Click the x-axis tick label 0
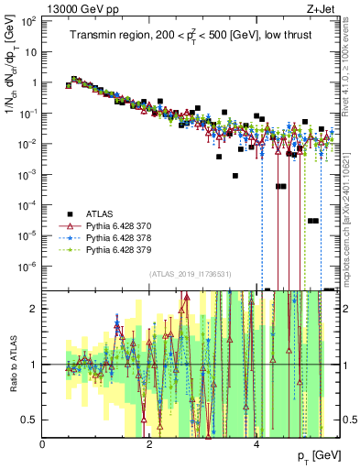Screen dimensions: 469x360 point(43,444)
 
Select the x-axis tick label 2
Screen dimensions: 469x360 point(149,444)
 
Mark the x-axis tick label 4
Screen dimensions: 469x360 point(256,444)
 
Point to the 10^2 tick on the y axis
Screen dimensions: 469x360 point(29,19)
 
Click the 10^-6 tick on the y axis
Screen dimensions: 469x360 point(29,267)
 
